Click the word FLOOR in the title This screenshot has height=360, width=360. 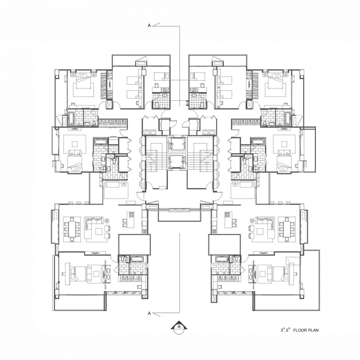pyautogui.click(x=300, y=330)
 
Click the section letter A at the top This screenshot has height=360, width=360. pyautogui.click(x=149, y=25)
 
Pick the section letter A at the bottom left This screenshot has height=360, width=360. pyautogui.click(x=149, y=313)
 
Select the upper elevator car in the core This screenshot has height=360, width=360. pyautogui.click(x=176, y=144)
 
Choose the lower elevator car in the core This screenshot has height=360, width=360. pyautogui.click(x=176, y=162)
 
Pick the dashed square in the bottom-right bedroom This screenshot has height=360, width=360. pyautogui.click(x=293, y=261)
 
